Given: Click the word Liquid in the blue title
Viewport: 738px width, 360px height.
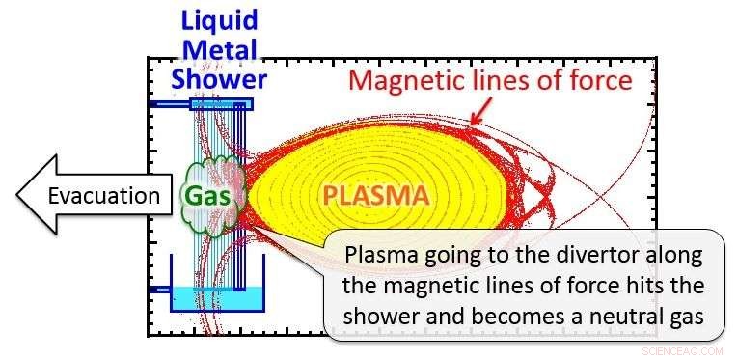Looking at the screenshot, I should [217, 18].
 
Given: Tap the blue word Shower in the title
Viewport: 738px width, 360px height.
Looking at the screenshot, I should [218, 78].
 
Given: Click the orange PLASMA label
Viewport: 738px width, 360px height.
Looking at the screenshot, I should [375, 196].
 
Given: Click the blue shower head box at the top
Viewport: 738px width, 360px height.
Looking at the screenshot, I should [221, 103].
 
